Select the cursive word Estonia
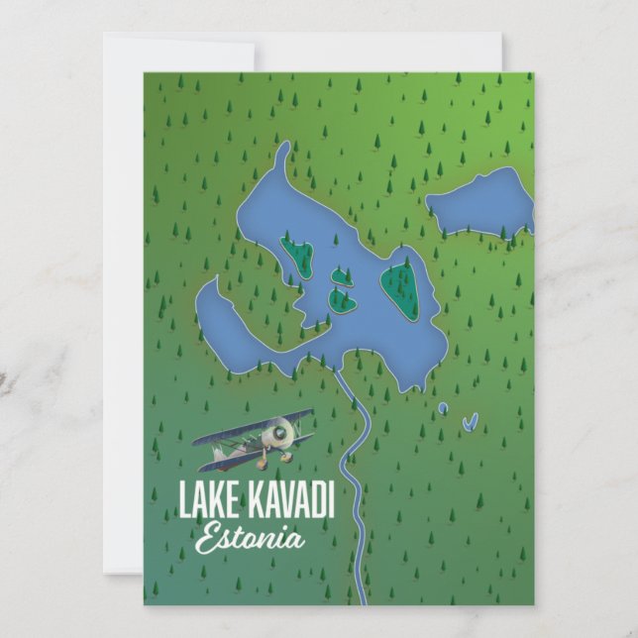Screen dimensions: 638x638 point(249,540)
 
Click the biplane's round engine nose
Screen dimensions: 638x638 point(284,430)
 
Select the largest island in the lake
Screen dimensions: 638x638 point(401,287)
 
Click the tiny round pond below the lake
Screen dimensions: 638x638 point(442,407)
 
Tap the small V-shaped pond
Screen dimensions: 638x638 point(470,422)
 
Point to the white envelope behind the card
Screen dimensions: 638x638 point(124,297)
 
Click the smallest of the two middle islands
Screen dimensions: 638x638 point(340,276)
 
